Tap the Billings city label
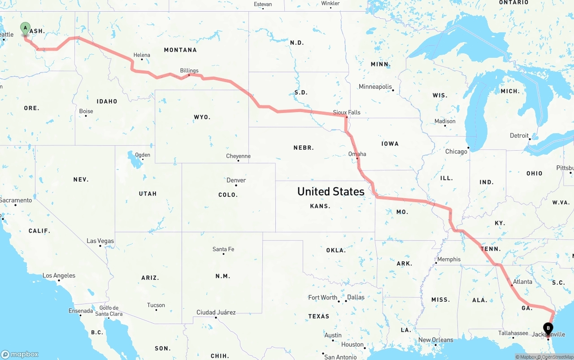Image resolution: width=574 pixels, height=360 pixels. point(189,70)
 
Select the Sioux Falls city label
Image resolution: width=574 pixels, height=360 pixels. point(347,113)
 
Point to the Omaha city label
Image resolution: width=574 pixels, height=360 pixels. point(357,154)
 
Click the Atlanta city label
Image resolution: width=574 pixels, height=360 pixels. point(522,282)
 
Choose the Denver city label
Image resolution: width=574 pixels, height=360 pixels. point(236,180)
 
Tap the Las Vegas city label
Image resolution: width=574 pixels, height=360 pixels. point(100,241)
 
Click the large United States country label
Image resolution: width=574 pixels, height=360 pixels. point(331,191)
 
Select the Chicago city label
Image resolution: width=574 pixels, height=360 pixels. point(456,152)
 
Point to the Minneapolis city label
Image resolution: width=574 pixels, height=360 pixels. point(375,87)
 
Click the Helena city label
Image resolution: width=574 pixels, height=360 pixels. point(142,55)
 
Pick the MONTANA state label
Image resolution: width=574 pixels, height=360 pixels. point(180,50)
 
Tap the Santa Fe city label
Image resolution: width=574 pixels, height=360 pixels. point(223,249)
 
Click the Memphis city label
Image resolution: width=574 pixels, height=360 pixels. point(448,259)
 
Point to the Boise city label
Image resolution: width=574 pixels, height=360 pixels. point(86,111)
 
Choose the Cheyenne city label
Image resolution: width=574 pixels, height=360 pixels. point(238,156)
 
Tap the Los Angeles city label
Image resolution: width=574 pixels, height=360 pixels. point(59,276)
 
